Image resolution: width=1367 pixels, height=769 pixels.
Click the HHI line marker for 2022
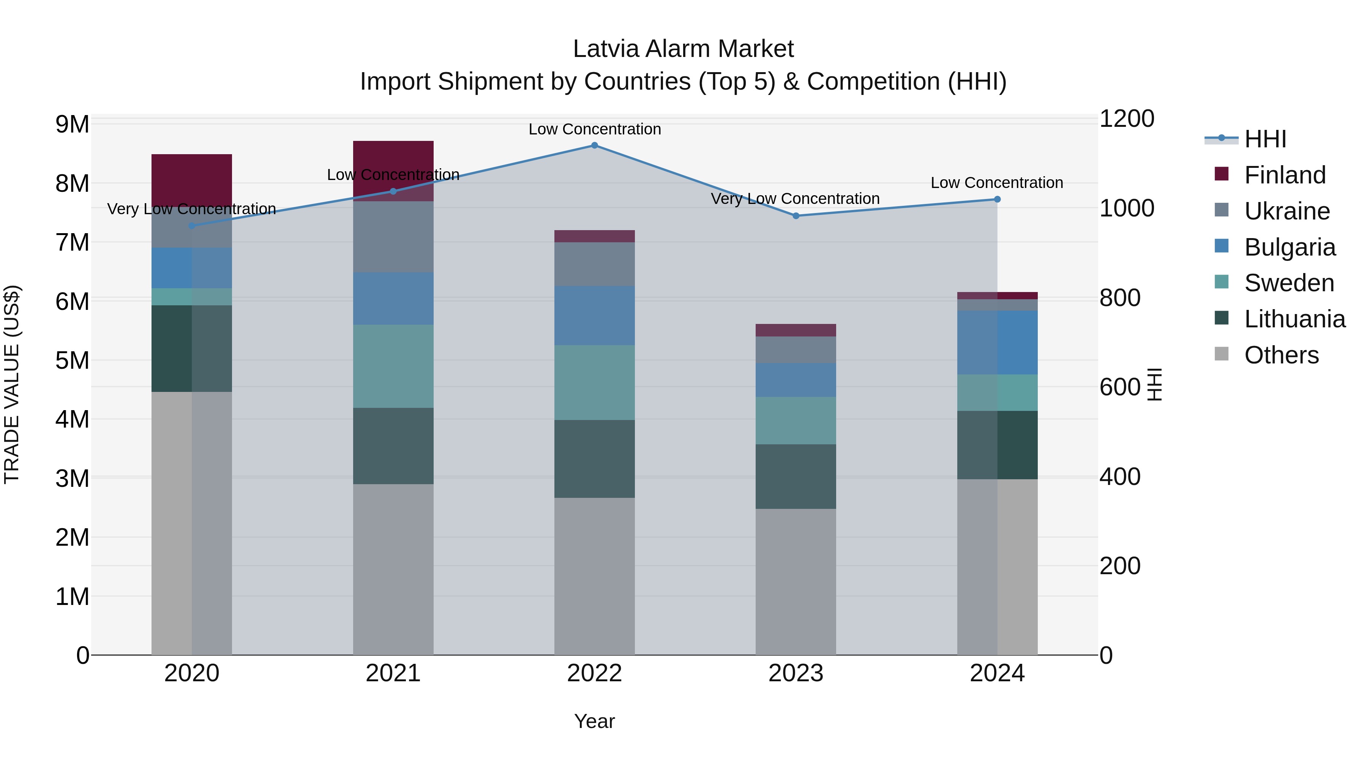coord(594,145)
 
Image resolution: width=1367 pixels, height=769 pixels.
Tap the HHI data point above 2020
coord(192,226)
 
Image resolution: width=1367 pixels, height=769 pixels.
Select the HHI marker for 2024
coord(997,199)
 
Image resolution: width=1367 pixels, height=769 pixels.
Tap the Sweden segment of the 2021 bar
coord(393,366)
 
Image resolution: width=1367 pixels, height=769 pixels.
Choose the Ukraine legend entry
coord(1287,211)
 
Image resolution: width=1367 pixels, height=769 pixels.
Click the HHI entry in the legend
coord(1265,139)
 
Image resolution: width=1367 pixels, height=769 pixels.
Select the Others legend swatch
coord(1222,354)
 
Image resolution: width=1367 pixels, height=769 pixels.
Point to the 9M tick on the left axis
coord(72,124)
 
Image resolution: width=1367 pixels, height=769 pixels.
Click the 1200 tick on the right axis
coord(1126,118)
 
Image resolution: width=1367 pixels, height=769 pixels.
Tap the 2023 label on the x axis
coord(796,673)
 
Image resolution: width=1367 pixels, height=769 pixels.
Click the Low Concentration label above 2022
coord(594,129)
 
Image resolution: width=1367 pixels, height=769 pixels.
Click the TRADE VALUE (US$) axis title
coord(12,384)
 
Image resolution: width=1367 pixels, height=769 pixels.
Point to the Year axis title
coord(594,721)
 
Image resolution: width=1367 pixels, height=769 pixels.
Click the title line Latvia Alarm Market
coord(683,49)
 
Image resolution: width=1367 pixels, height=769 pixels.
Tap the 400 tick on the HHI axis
coord(1120,477)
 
